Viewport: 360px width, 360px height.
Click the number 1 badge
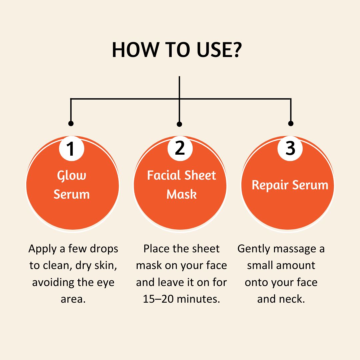tap(71, 149)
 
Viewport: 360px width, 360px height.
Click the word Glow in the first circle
tap(72, 176)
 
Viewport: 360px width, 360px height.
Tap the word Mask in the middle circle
tap(181, 194)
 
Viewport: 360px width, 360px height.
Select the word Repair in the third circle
tap(270, 185)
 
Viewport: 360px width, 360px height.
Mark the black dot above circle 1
tap(71, 124)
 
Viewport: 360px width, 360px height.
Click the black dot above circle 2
tap(179, 124)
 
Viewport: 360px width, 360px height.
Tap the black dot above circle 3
tap(291, 124)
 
